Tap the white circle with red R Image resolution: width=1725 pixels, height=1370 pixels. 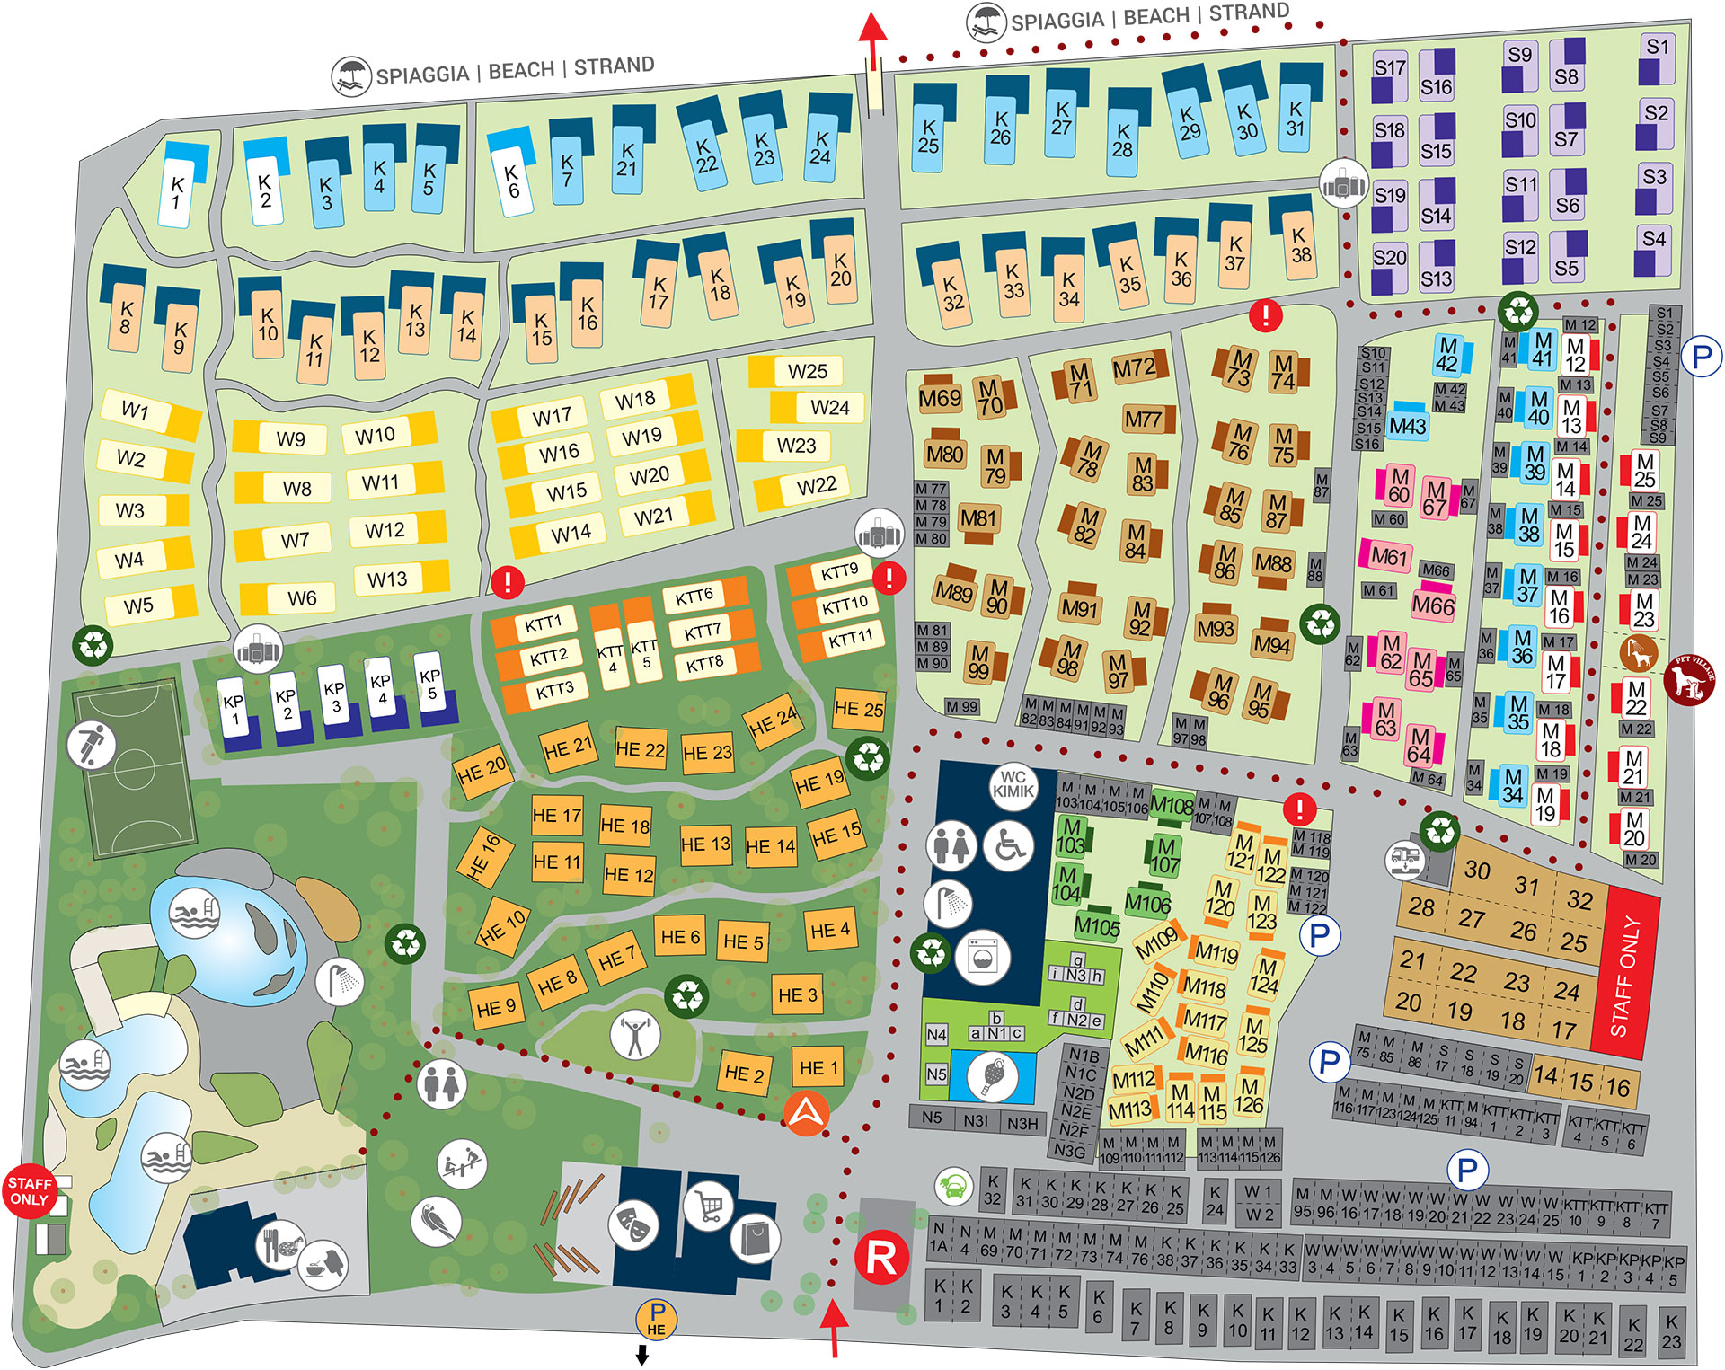881,1257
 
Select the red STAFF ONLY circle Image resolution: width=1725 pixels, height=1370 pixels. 30,1191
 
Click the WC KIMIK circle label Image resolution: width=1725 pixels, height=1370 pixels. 1013,785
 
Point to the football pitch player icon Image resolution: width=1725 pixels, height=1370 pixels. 91,745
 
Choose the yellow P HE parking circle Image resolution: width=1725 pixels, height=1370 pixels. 657,1319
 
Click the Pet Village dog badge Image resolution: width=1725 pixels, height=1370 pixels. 1689,679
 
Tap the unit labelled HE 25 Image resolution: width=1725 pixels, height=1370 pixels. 858,709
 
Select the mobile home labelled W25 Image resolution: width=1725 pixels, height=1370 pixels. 805,371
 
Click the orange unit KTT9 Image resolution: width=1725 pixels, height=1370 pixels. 839,572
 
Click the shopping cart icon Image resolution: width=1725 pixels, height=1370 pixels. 710,1205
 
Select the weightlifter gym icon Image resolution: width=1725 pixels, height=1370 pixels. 635,1034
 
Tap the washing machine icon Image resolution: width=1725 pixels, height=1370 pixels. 982,958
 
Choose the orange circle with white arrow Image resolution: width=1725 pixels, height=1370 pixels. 806,1113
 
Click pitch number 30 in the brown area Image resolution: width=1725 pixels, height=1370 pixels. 1477,870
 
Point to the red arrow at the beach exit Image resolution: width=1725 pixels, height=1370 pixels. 871,40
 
